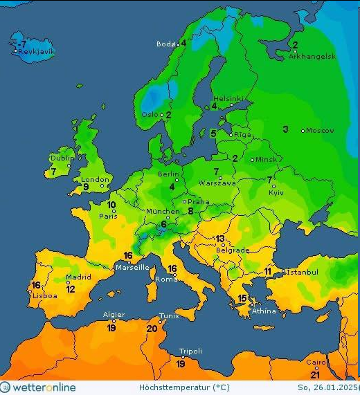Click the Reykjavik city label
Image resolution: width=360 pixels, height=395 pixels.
(37, 52)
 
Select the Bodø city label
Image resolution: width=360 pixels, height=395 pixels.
(165, 44)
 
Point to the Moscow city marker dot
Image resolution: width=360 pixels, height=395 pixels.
(303, 131)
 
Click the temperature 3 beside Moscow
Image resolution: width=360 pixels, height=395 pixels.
(285, 129)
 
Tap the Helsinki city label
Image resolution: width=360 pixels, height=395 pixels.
(228, 99)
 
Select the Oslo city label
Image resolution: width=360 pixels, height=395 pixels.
(149, 115)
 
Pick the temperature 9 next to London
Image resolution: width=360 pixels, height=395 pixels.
(86, 187)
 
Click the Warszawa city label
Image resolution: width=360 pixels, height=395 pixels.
(217, 183)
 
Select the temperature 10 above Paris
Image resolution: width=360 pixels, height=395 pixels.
(111, 205)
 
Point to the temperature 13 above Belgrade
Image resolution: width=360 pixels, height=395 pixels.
(220, 239)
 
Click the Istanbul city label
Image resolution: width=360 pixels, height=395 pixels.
(301, 273)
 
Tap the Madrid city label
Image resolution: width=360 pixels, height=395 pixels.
(78, 277)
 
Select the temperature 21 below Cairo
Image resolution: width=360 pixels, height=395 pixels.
(315, 374)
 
